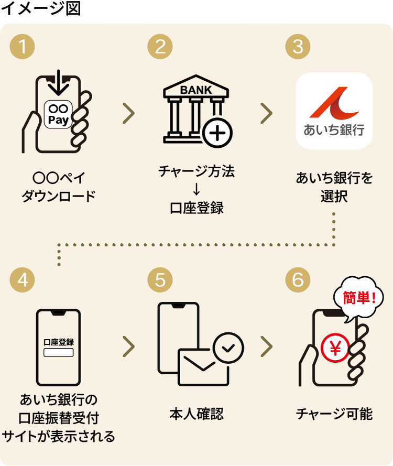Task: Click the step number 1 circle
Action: (x=22, y=47)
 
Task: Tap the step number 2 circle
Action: (x=160, y=47)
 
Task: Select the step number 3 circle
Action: (x=298, y=47)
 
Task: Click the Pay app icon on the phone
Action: (x=58, y=114)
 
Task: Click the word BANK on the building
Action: (x=196, y=90)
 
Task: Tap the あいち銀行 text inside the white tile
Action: (x=334, y=130)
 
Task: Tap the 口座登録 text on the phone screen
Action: (x=58, y=342)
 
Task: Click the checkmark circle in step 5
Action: (x=228, y=348)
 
